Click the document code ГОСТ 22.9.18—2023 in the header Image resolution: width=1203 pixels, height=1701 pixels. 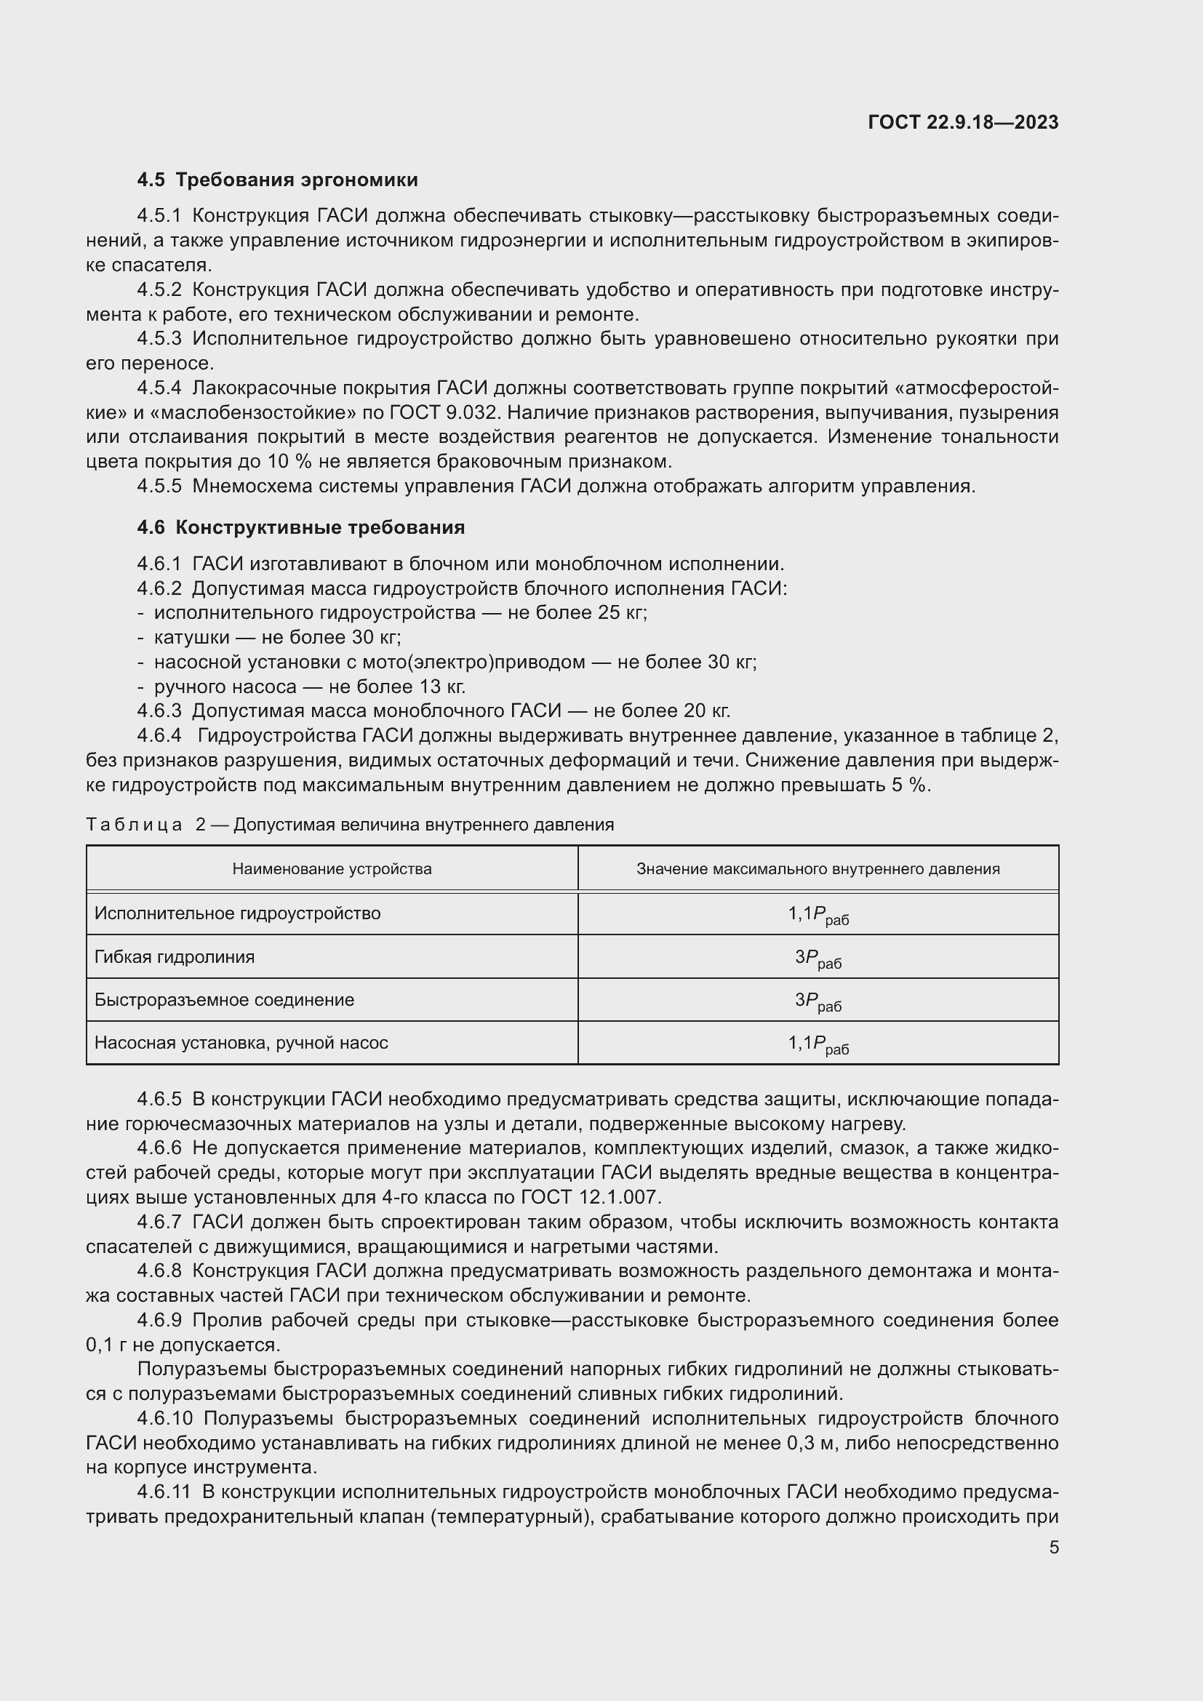click(962, 122)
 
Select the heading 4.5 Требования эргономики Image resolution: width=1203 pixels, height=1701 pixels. click(277, 180)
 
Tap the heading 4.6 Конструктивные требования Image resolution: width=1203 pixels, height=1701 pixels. click(301, 527)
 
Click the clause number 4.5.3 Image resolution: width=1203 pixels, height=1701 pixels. click(159, 339)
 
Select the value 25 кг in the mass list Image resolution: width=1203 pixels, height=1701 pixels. click(620, 612)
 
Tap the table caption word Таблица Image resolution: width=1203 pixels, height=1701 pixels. click(134, 825)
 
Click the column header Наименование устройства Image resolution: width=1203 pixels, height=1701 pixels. click(332, 868)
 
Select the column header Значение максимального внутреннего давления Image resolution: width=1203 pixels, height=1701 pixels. click(818, 868)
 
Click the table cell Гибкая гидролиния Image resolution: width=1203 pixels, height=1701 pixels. click(174, 956)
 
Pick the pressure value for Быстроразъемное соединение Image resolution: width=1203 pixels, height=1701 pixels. click(818, 1001)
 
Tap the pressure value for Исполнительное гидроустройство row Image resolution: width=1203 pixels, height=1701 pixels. click(818, 914)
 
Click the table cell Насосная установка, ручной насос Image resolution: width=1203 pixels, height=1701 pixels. click(241, 1043)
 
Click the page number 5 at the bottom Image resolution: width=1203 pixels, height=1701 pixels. click(1053, 1548)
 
